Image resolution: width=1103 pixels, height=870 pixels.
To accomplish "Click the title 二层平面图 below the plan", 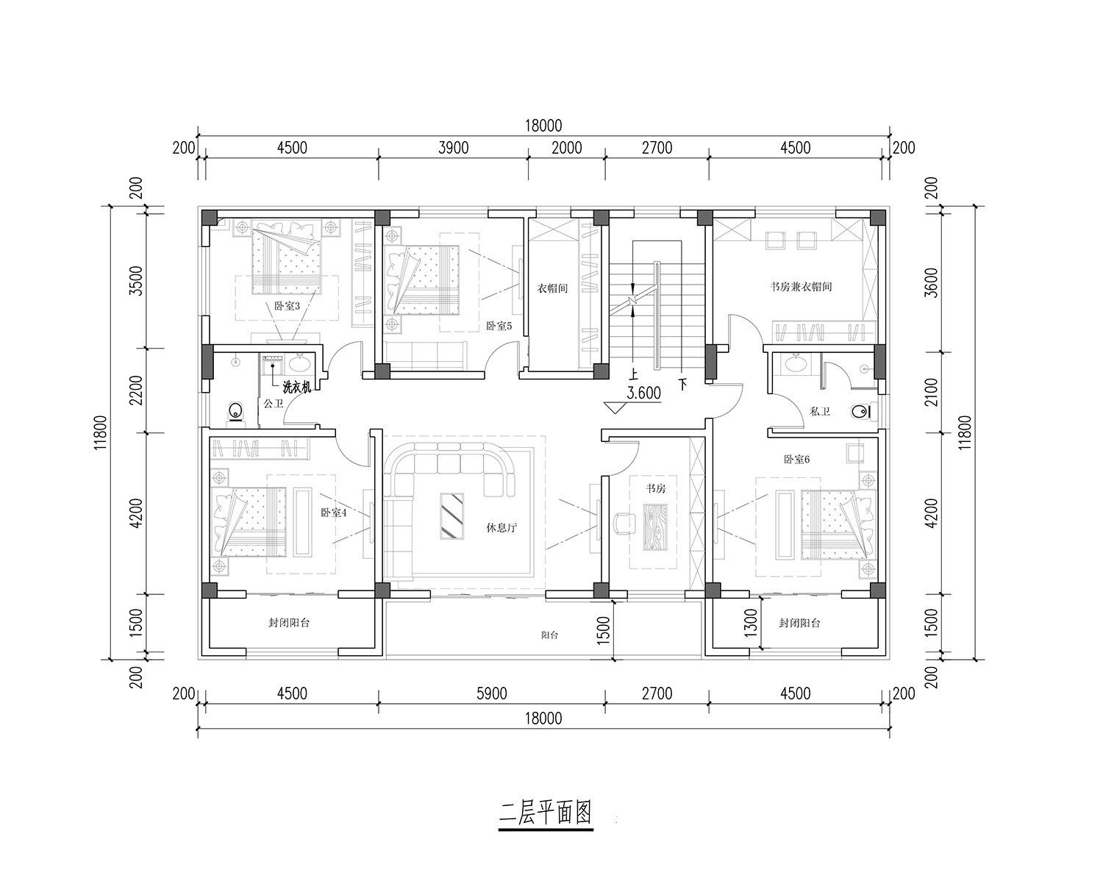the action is click(546, 813).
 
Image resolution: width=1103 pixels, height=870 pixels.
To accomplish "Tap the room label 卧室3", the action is click(287, 306).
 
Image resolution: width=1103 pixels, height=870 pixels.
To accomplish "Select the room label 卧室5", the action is click(499, 326).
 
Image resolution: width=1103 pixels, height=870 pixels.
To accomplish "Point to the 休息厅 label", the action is click(501, 527).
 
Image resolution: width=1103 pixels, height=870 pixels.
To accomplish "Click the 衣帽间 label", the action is click(552, 288).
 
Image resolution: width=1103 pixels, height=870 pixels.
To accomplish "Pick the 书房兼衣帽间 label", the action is click(801, 287).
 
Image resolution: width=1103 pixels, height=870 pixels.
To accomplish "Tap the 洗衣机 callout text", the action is click(297, 388).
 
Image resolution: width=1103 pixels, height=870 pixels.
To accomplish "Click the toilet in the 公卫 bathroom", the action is click(235, 411).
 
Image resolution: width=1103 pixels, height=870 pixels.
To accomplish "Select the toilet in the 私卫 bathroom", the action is click(861, 412).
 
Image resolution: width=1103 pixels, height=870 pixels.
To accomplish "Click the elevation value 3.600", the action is click(643, 393).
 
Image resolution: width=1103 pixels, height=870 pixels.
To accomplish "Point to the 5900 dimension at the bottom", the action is click(491, 694).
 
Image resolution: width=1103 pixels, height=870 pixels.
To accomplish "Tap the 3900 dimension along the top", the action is click(453, 148).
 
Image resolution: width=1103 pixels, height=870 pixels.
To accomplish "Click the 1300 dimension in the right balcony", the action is click(751, 622).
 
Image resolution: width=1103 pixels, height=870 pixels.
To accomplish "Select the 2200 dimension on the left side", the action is click(136, 391).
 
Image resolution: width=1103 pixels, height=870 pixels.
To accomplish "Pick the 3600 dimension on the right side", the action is click(933, 282).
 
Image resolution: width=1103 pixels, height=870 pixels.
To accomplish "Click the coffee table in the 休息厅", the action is click(451, 516).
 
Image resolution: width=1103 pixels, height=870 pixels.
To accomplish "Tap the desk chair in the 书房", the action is click(624, 524).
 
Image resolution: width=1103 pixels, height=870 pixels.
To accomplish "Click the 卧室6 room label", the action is click(796, 460).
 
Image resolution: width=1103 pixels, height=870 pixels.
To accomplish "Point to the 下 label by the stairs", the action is click(682, 385).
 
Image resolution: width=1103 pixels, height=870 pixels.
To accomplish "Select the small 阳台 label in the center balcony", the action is click(549, 635).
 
